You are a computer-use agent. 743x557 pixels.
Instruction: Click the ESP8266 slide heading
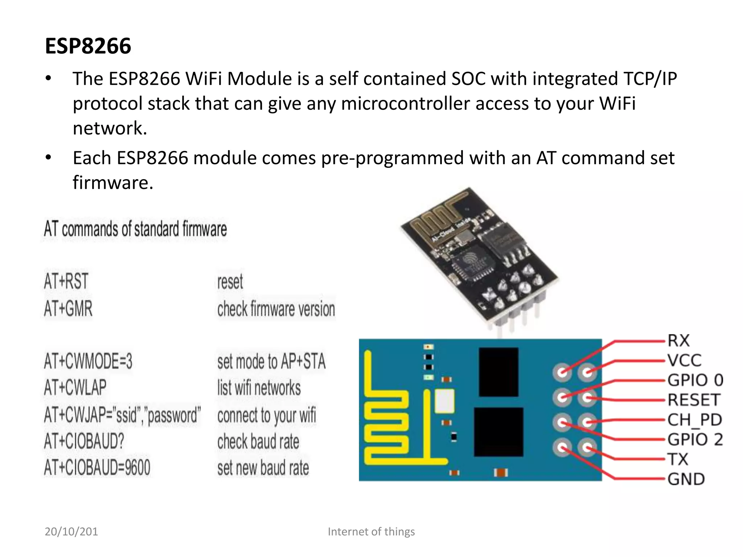click(88, 46)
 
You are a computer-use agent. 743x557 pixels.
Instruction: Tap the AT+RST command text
click(66, 282)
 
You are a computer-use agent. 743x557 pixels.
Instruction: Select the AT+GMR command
click(68, 309)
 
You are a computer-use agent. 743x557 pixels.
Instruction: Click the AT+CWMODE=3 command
click(88, 361)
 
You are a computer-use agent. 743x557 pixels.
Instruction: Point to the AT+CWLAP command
click(75, 387)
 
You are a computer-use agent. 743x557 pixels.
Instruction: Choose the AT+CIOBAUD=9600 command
click(97, 467)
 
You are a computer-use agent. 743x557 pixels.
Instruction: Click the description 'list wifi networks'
click(259, 387)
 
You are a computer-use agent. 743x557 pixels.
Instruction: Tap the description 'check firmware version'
click(276, 309)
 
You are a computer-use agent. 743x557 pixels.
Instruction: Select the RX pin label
click(678, 341)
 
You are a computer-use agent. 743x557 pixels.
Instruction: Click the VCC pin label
click(684, 360)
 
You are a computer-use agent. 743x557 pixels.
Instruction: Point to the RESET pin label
click(693, 400)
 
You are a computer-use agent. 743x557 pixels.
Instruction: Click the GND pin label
click(686, 479)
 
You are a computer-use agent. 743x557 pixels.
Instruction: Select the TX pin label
click(678, 459)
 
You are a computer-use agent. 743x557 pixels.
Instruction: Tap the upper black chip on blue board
click(498, 372)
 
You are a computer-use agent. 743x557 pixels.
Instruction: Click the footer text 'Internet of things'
click(371, 532)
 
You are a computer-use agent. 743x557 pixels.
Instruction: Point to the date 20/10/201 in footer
click(71, 532)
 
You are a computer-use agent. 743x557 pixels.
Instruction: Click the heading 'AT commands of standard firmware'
click(135, 229)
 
